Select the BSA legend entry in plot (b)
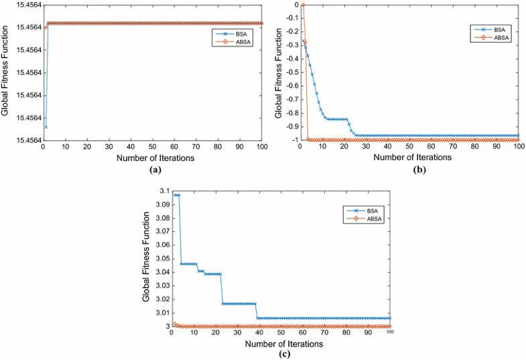click(495, 29)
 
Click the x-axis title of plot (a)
click(153, 158)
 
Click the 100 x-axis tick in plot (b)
click(518, 146)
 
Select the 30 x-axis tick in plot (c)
click(237, 333)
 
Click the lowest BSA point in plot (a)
click(46, 127)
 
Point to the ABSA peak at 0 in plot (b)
click(303, 5)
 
